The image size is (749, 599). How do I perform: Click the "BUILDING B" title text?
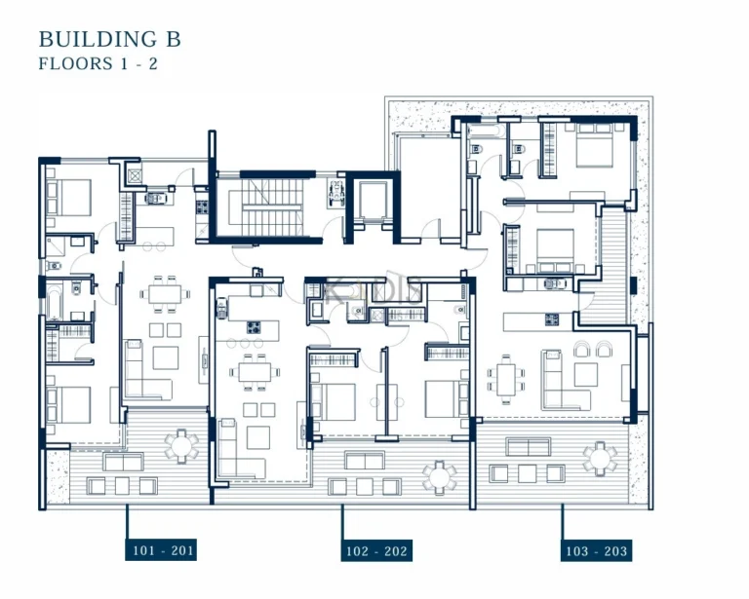click(x=109, y=39)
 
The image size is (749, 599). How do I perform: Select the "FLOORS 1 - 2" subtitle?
click(x=99, y=64)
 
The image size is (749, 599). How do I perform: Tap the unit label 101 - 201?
click(x=163, y=551)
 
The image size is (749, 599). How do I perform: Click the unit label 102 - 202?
click(x=376, y=552)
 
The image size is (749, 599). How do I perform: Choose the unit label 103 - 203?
click(x=597, y=552)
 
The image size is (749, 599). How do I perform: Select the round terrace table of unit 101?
click(x=180, y=447)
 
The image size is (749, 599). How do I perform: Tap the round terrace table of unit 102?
click(x=439, y=475)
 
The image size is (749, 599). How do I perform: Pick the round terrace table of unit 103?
click(x=599, y=456)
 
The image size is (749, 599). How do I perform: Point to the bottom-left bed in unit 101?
click(x=68, y=403)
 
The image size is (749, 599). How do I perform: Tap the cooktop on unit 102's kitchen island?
click(x=256, y=327)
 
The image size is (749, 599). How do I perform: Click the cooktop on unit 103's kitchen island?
click(x=552, y=318)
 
